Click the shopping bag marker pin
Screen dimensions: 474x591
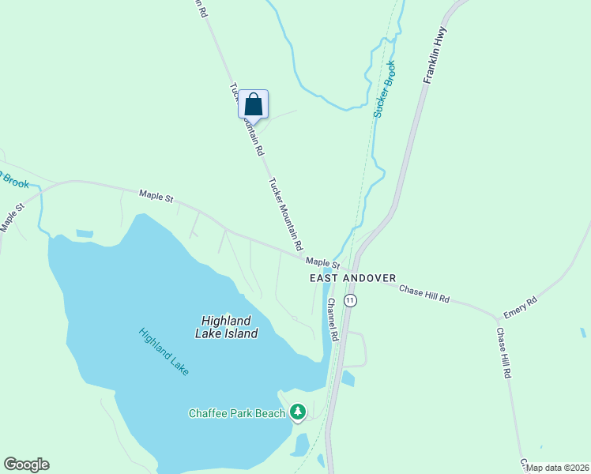[253, 104]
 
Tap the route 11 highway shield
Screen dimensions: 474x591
[351, 301]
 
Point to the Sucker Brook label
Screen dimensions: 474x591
[385, 89]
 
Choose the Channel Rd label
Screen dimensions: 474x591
[333, 318]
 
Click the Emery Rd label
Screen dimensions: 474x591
[521, 307]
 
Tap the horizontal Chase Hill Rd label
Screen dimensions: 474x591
[424, 294]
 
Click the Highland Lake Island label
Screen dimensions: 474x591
[226, 327]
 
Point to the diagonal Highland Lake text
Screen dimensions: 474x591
[164, 352]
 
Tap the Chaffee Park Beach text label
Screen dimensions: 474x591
[236, 413]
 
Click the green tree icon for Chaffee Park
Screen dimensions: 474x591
[298, 412]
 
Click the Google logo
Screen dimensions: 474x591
[26, 465]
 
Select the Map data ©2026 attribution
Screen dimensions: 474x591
[558, 468]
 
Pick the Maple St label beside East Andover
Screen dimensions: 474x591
[322, 262]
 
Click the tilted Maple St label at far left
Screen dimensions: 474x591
[13, 217]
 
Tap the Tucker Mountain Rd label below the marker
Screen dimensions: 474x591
[284, 215]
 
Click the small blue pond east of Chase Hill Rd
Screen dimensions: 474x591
[583, 333]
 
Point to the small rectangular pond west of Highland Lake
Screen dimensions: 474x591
[84, 234]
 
